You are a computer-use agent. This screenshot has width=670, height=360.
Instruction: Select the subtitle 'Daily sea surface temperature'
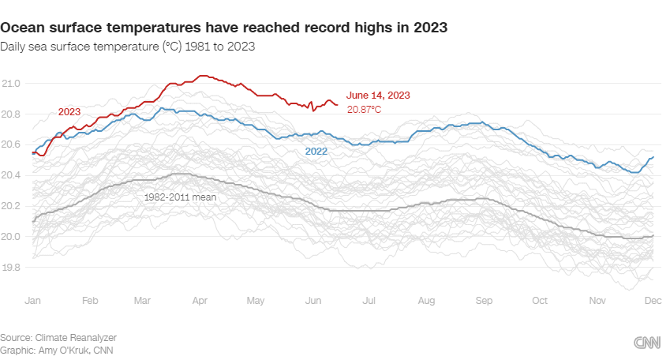click(128, 47)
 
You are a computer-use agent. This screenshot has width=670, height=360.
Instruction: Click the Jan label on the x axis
click(33, 301)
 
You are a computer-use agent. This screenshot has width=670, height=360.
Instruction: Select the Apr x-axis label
click(200, 301)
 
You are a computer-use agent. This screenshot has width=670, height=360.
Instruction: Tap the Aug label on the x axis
click(427, 301)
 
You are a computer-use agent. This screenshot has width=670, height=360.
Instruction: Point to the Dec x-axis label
click(652, 301)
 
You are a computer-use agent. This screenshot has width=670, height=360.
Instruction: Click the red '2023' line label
click(69, 112)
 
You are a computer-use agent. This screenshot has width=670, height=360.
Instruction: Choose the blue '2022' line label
click(316, 150)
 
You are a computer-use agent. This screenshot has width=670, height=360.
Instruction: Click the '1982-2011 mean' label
click(180, 195)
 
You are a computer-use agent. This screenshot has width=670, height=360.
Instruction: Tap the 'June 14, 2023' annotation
click(378, 96)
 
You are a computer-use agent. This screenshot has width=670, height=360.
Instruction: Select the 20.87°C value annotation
click(364, 109)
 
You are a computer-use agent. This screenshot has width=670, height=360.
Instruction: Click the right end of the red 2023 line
click(337, 104)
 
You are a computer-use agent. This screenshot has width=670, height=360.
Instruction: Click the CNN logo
click(648, 342)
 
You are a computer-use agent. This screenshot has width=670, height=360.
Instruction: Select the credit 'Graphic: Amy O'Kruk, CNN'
click(57, 350)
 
